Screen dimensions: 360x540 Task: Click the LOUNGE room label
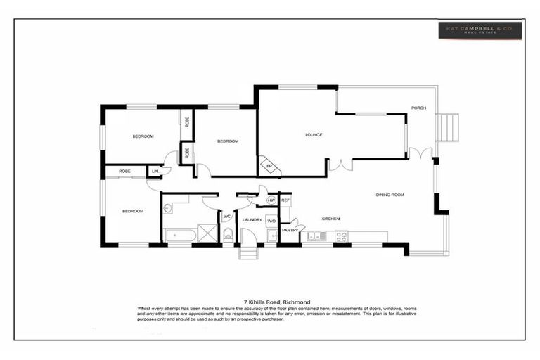pyautogui.click(x=314, y=134)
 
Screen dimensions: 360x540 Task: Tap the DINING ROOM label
pyautogui.click(x=390, y=195)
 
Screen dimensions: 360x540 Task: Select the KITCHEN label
pyautogui.click(x=330, y=219)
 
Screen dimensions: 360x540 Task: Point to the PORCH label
pyautogui.click(x=419, y=108)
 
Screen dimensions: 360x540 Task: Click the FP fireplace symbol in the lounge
pyautogui.click(x=269, y=166)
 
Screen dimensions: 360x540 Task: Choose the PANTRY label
pyautogui.click(x=290, y=230)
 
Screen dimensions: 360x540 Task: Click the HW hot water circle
pyautogui.click(x=271, y=201)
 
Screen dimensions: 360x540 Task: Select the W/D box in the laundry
pyautogui.click(x=271, y=221)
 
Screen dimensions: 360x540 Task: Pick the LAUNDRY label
pyautogui.click(x=252, y=220)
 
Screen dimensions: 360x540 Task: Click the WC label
pyautogui.click(x=227, y=217)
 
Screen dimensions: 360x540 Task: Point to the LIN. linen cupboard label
pyautogui.click(x=155, y=171)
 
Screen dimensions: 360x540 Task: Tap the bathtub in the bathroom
pyautogui.click(x=180, y=234)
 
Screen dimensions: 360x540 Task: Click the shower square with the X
pyautogui.click(x=207, y=233)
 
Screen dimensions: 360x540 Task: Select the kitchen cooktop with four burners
pyautogui.click(x=341, y=236)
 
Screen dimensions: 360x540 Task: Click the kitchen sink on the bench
pyautogui.click(x=316, y=236)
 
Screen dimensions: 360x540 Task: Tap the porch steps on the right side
pyautogui.click(x=448, y=127)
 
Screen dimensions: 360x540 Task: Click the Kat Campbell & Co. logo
pyautogui.click(x=480, y=30)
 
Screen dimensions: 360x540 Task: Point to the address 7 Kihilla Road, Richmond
pyautogui.click(x=271, y=302)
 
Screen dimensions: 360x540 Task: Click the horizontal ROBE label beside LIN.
pyautogui.click(x=124, y=171)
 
